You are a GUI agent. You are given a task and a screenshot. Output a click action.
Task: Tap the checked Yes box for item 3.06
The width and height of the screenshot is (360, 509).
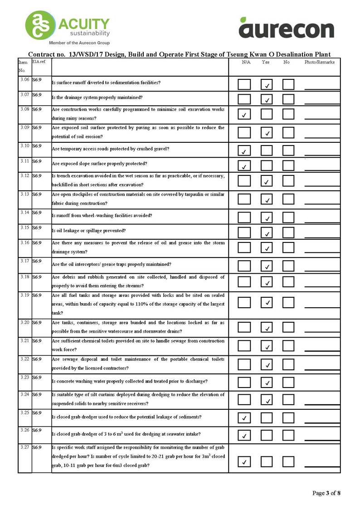267,84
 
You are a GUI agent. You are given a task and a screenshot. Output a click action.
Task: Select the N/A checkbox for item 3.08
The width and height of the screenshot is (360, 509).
244,114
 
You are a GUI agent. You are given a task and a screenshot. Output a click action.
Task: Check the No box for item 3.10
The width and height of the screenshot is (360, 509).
288,150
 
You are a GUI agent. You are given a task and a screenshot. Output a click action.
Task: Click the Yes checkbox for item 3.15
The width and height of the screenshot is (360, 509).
267,233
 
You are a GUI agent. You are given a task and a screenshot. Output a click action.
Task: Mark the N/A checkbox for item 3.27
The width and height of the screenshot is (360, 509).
244,461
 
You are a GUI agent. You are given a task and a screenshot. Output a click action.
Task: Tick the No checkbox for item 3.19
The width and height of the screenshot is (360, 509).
288,302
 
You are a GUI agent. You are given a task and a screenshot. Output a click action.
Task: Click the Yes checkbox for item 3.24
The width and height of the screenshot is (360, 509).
267,399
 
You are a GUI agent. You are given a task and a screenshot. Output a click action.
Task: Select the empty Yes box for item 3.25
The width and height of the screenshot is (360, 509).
267,417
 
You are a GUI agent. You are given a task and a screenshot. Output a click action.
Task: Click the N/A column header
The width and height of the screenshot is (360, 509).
246,62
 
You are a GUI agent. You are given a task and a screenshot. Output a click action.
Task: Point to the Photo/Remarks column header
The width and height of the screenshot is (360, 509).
319,62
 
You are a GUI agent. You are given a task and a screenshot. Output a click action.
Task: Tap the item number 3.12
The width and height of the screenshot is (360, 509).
24,175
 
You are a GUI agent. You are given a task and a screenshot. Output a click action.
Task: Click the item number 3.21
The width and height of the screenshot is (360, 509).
24,340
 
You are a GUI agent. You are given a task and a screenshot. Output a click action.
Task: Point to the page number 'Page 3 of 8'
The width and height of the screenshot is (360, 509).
326,493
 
